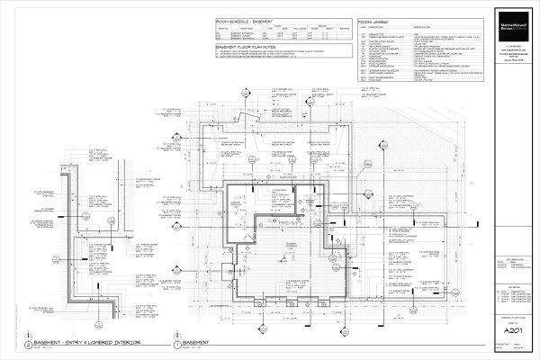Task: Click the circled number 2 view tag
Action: (29, 345)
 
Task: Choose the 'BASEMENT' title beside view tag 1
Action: (196, 344)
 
